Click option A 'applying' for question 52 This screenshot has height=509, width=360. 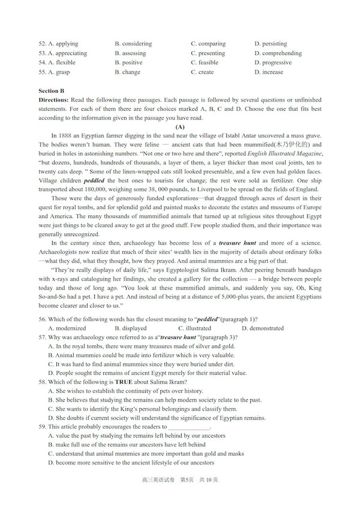click(62, 44)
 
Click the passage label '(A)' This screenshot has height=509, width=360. click(180, 127)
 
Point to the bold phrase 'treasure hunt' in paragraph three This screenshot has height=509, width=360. click(239, 243)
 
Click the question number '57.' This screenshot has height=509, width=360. click(42, 338)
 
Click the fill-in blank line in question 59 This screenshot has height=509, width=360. click(189, 428)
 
